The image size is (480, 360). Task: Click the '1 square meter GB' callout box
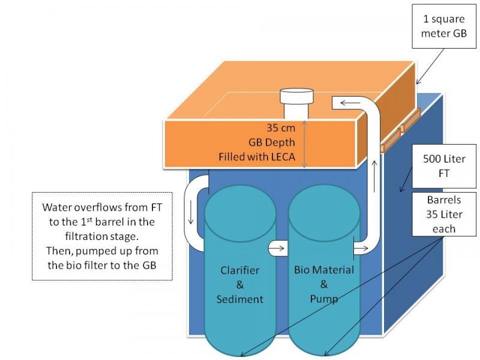click(444, 28)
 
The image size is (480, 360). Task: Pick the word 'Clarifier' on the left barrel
click(240, 269)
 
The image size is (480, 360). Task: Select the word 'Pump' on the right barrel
click(324, 298)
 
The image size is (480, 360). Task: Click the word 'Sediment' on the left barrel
click(240, 298)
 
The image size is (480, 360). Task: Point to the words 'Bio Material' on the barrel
click(324, 269)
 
